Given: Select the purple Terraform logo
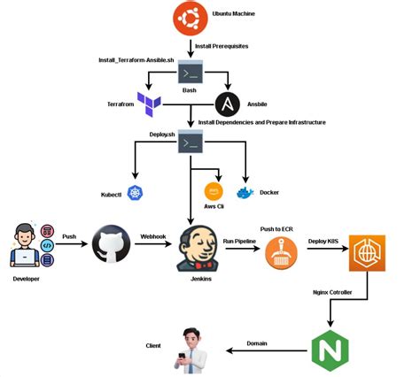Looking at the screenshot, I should (x=148, y=104).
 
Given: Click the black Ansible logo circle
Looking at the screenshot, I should (x=229, y=104).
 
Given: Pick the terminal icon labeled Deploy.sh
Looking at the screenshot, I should (x=190, y=142).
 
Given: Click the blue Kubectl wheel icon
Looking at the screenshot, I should (x=135, y=193).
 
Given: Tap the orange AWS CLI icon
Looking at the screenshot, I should (x=214, y=191).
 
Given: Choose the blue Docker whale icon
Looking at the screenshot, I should (x=245, y=192).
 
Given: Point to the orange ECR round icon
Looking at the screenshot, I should (x=282, y=254).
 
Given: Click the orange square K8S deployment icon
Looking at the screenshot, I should (x=367, y=253).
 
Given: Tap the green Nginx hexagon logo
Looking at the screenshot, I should (x=330, y=350).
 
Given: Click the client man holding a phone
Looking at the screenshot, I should (x=190, y=350).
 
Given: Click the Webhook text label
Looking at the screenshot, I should (x=153, y=236).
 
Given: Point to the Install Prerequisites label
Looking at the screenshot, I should (x=221, y=44).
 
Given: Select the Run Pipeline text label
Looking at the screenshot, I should (x=239, y=241).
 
